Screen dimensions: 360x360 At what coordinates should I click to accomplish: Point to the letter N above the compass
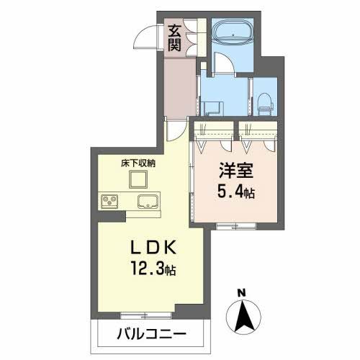[x=242, y=293]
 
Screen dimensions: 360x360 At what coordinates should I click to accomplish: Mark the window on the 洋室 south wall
[x=235, y=227]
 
